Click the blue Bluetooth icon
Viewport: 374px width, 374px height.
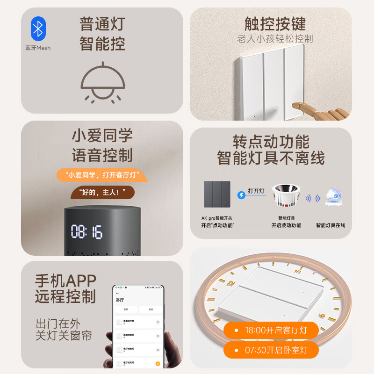click(x=38, y=29)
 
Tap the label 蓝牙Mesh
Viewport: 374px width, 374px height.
click(x=38, y=48)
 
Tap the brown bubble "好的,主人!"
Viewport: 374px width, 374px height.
click(x=101, y=192)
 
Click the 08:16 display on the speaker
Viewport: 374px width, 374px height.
click(x=86, y=231)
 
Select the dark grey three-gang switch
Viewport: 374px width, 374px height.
click(x=217, y=194)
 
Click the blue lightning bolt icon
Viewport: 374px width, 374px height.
click(x=241, y=195)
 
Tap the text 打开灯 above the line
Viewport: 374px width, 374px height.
click(x=256, y=191)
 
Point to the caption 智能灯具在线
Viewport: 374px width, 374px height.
click(x=331, y=225)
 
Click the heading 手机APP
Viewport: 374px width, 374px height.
click(x=65, y=280)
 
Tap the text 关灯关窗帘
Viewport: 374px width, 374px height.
click(x=64, y=335)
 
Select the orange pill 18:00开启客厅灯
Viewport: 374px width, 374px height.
click(x=271, y=331)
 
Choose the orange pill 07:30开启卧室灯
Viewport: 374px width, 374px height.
click(x=271, y=350)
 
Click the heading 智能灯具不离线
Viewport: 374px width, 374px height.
click(x=271, y=158)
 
